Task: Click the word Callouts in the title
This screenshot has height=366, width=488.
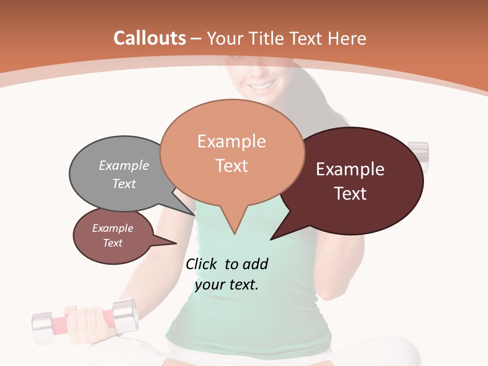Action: (149, 38)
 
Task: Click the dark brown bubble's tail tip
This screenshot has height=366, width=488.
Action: (271, 239)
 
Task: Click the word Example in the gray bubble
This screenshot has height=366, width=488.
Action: (124, 165)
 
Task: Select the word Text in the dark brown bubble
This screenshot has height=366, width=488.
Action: (351, 194)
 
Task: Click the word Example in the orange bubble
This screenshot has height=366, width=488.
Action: (231, 141)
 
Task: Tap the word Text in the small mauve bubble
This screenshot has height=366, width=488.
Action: (112, 243)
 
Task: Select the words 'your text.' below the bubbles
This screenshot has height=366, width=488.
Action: (227, 285)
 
